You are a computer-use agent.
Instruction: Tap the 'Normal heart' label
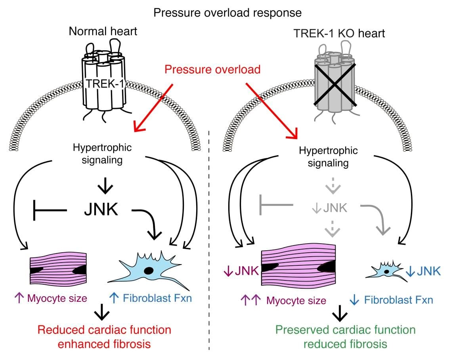(x=103, y=32)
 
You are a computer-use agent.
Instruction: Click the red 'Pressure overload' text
(x=212, y=70)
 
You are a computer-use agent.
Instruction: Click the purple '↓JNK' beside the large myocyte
(x=241, y=271)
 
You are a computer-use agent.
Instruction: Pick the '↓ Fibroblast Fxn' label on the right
(x=392, y=300)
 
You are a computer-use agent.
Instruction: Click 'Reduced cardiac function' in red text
(x=104, y=330)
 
